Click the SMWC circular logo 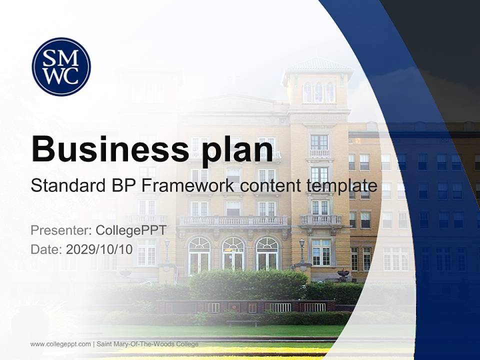(61, 66)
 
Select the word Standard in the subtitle (67, 185)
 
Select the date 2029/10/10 (99, 249)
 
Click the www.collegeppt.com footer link (60, 344)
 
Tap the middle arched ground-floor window (233, 254)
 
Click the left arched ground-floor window (199, 255)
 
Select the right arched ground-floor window (267, 254)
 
